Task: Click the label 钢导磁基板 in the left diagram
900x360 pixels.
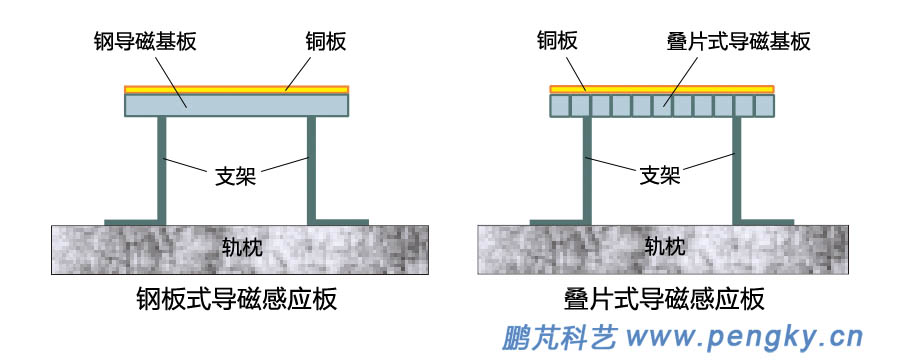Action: (x=147, y=42)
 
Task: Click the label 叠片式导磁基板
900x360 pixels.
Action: (x=737, y=42)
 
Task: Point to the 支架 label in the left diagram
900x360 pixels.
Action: (x=236, y=176)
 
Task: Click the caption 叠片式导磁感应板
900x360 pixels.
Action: (x=664, y=299)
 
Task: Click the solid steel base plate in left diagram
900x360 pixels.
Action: (x=236, y=105)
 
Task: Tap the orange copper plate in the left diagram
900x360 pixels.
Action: (x=236, y=89)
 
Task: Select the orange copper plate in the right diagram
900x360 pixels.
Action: (x=662, y=89)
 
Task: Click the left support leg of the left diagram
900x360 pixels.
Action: (x=161, y=165)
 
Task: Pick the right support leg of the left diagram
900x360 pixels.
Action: (x=312, y=165)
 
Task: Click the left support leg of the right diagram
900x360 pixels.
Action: (x=586, y=165)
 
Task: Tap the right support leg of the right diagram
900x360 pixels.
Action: (x=737, y=165)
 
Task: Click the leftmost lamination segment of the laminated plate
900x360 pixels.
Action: (x=560, y=105)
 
